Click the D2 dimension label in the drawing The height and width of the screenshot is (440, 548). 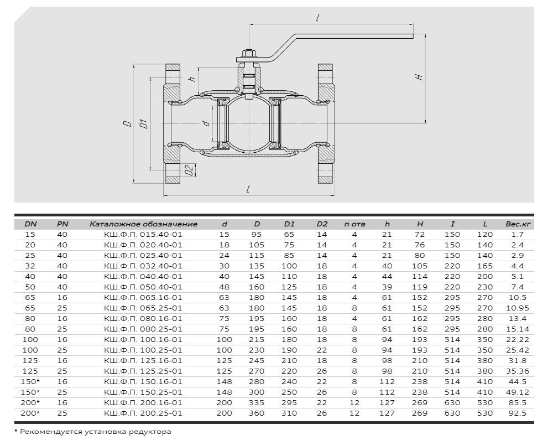tap(189, 170)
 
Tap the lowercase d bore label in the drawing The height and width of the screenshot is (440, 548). tap(206, 123)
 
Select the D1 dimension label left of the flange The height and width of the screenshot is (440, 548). tap(144, 124)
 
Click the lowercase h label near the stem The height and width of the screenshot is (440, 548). tap(192, 79)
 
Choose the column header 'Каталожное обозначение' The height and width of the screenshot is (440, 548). tap(143, 224)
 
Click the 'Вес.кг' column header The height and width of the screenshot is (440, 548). tap(518, 224)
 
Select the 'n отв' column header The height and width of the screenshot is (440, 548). tap(354, 224)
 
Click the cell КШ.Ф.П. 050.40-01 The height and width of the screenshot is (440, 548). tap(143, 287)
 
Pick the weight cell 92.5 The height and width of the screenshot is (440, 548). tap(518, 413)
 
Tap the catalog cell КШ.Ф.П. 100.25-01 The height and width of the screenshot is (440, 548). tap(143, 350)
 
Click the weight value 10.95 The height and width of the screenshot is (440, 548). tap(518, 308)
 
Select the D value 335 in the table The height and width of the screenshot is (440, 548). tap(257, 402)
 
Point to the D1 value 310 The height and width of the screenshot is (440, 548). tap(289, 413)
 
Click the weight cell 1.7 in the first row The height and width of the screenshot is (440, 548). tap(518, 235)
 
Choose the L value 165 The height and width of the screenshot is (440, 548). tap(485, 266)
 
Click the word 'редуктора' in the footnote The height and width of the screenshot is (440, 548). tap(153, 432)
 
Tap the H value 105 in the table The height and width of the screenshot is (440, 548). tap(420, 266)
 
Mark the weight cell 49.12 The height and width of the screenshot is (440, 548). tap(518, 392)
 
